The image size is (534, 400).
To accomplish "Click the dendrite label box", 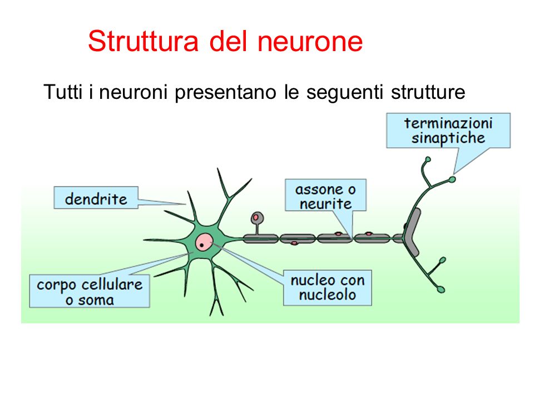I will click(x=96, y=198).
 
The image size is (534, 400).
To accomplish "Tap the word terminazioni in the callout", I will click(x=448, y=123).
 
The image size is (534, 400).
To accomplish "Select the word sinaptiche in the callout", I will click(x=448, y=138).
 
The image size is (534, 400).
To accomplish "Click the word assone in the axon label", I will click(x=320, y=189).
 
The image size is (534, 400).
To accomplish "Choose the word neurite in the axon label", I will click(x=325, y=203).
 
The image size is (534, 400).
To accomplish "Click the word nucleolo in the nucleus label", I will click(x=327, y=294).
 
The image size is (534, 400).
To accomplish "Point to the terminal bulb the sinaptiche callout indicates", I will click(x=452, y=179).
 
